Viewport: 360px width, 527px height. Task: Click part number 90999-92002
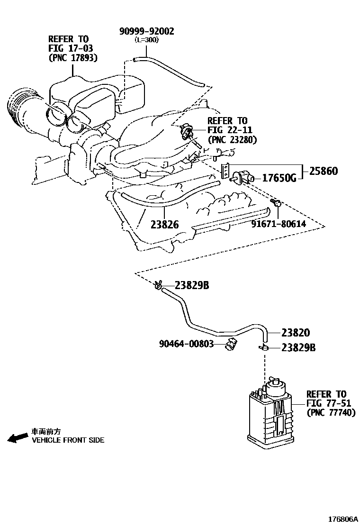[146, 31]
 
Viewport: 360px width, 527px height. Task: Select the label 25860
[324, 171]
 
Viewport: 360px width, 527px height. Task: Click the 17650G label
[279, 178]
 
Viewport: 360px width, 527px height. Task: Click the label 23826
[165, 224]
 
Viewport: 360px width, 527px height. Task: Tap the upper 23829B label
[191, 285]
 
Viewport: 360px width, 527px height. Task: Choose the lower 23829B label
[298, 347]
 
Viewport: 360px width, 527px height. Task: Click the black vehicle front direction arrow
[18, 437]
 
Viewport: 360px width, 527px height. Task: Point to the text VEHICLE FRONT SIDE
[68, 440]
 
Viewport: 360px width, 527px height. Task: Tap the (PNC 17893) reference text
[73, 58]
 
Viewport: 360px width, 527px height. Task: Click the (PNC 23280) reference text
[232, 140]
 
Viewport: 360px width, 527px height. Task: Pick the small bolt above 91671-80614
[277, 204]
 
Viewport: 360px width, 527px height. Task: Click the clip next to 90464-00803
[231, 345]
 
